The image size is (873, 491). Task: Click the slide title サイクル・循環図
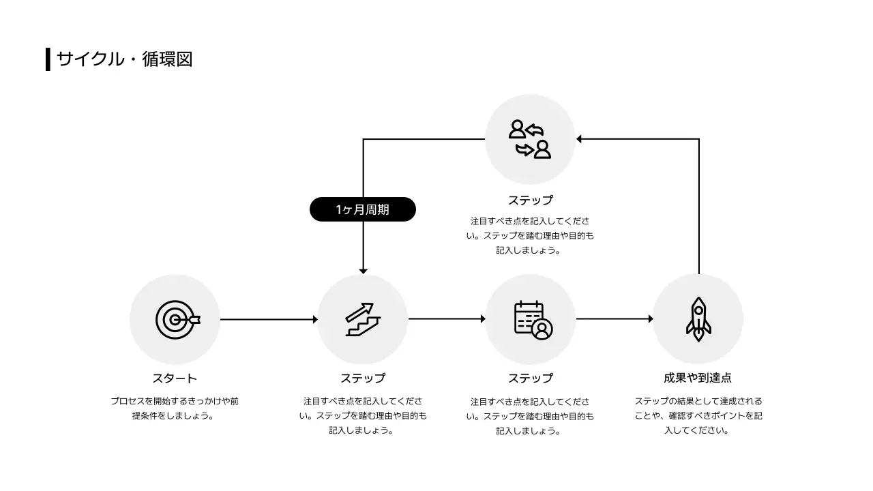(124, 59)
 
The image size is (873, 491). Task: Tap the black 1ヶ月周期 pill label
(362, 209)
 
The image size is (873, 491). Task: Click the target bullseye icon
(176, 319)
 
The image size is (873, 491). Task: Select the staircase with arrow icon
(362, 319)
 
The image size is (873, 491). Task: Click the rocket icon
(698, 319)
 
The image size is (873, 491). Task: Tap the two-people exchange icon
(530, 139)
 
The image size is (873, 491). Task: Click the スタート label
(175, 378)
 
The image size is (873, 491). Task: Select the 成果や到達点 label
(698, 378)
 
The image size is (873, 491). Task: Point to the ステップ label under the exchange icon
(530, 200)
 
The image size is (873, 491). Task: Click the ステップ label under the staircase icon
(362, 378)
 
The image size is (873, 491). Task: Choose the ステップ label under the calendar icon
(530, 378)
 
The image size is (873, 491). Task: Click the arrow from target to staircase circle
(269, 319)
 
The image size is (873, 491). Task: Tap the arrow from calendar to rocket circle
(614, 318)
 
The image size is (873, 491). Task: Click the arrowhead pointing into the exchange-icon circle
(579, 139)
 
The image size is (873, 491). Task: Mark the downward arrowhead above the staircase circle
(363, 271)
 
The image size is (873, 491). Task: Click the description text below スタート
(175, 408)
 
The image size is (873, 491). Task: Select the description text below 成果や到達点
(698, 415)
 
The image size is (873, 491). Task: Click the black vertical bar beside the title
(48, 59)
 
